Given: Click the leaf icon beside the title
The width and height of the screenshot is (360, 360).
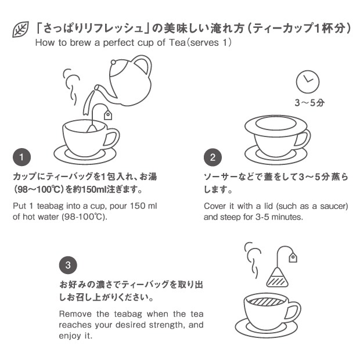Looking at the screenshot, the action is pyautogui.click(x=20, y=30).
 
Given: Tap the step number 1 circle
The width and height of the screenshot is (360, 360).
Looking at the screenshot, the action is pyautogui.click(x=22, y=157).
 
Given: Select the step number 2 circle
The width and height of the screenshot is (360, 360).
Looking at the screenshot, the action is pyautogui.click(x=213, y=157).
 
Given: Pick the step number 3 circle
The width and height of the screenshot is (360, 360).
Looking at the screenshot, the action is pyautogui.click(x=68, y=265).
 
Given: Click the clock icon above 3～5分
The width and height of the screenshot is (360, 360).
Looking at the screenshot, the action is pyautogui.click(x=308, y=82).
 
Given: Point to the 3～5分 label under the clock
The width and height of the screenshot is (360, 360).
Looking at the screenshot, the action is pyautogui.click(x=309, y=103).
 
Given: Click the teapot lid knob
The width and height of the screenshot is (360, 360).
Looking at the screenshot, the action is pyautogui.click(x=113, y=62).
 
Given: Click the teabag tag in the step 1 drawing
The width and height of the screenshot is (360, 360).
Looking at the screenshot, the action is pyautogui.click(x=108, y=115).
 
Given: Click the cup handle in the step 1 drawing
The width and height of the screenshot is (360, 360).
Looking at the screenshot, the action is pyautogui.click(x=112, y=138).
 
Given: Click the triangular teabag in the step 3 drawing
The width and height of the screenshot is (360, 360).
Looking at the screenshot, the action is pyautogui.click(x=277, y=278).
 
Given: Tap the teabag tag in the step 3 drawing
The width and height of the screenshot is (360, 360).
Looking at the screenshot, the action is pyautogui.click(x=293, y=257).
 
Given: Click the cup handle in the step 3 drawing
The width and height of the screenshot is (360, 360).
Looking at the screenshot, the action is pyautogui.click(x=293, y=311).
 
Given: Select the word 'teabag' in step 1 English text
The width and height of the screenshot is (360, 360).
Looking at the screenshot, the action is pyautogui.click(x=50, y=206).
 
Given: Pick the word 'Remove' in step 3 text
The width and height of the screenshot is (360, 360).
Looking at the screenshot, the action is pyautogui.click(x=75, y=314).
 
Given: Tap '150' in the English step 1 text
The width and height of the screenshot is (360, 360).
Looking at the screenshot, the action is pyautogui.click(x=138, y=206).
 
